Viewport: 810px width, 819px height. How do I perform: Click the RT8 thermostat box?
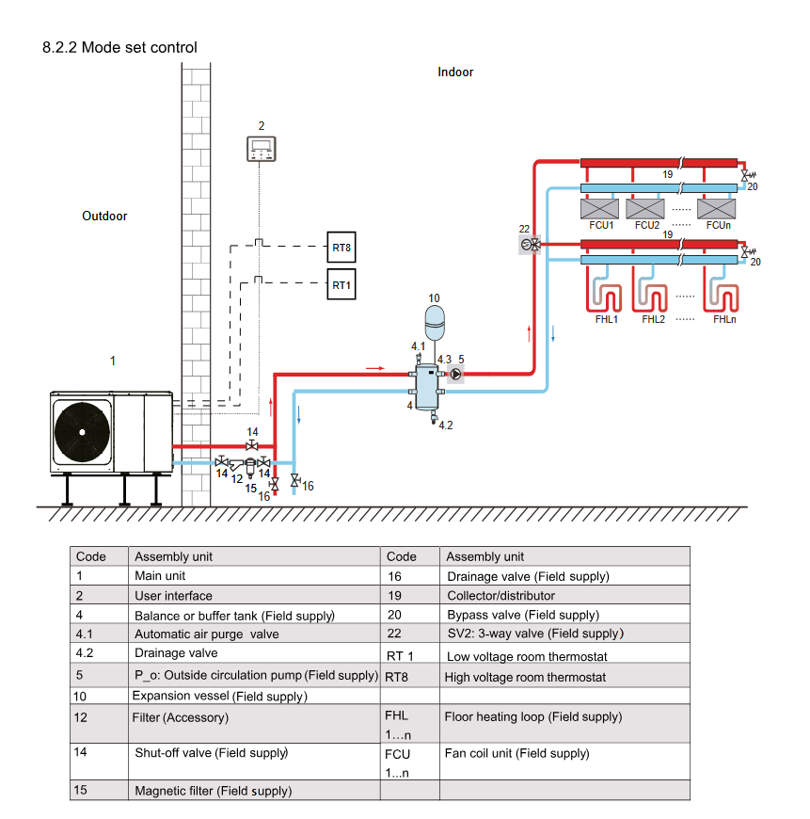coord(341,249)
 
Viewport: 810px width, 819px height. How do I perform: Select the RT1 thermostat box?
coord(341,284)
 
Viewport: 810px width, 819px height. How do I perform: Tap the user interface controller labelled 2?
coord(261,148)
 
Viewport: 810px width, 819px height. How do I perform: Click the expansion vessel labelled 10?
coord(434,320)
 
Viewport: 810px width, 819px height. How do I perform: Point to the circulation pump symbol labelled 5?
coord(455,374)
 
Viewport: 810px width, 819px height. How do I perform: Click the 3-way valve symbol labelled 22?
coord(531,245)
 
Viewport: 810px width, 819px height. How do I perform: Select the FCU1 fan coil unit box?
coord(601,207)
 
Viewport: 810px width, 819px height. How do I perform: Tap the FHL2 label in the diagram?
coord(654,320)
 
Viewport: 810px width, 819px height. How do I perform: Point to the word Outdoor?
coord(104,217)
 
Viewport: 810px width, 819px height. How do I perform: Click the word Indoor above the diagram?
coord(455,72)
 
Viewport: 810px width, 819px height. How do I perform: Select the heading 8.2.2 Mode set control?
coord(119,47)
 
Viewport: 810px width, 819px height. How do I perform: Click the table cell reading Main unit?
coord(160,576)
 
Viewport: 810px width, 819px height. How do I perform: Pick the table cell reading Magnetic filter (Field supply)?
coord(213,791)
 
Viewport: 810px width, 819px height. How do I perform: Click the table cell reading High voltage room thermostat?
coord(525,678)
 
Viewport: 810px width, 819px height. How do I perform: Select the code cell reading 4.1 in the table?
coord(86,634)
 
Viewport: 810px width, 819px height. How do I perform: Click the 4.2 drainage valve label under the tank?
coord(445,426)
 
